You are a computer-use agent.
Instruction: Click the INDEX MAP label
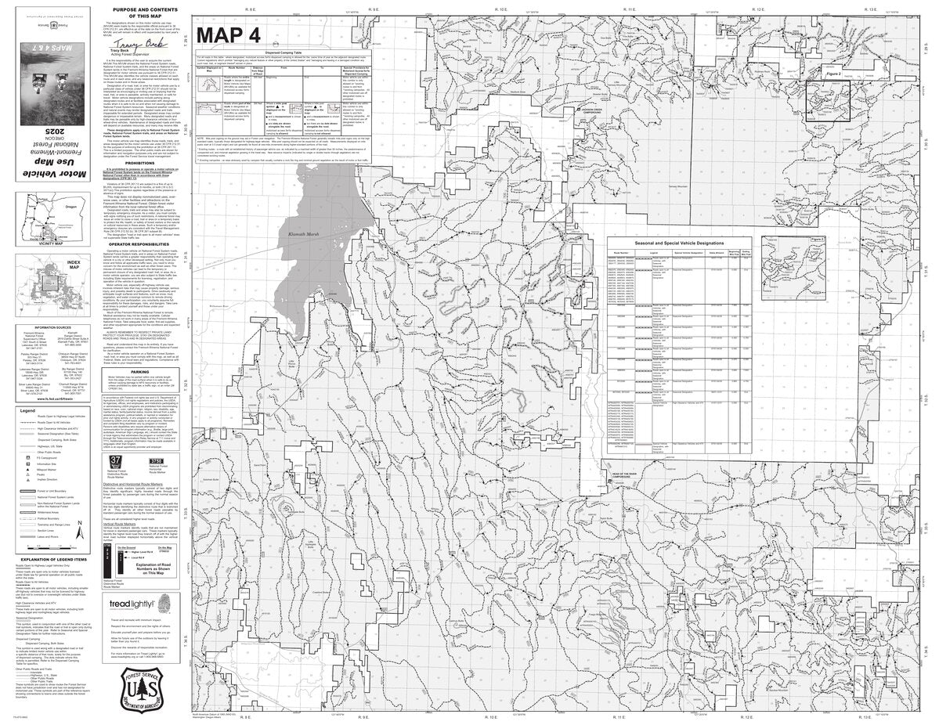tap(74, 265)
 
